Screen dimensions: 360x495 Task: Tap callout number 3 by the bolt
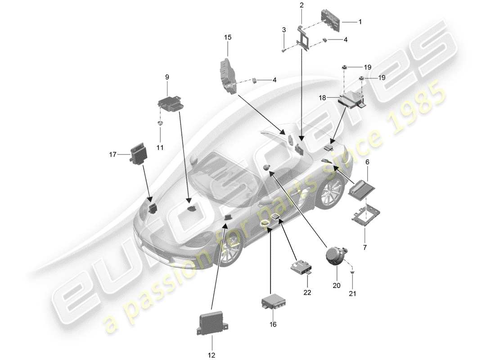pos(283,30)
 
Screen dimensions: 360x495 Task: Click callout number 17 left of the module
pos(113,154)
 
